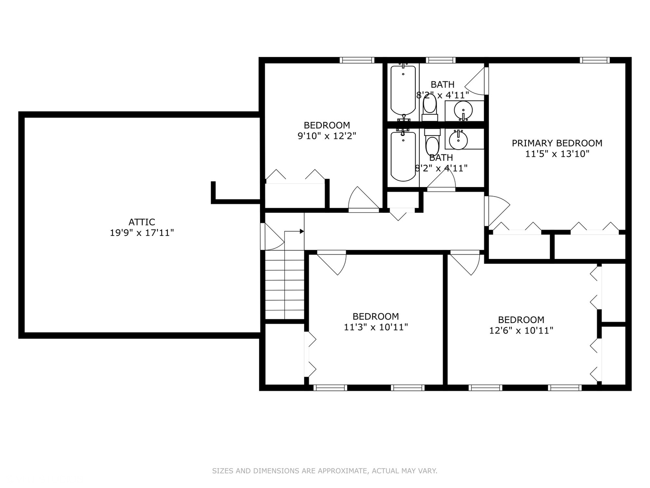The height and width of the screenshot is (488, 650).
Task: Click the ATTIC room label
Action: coord(142,222)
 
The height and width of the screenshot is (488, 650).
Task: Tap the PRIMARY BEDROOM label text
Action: coord(557,143)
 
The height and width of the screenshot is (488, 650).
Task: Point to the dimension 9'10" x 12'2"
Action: coord(327,136)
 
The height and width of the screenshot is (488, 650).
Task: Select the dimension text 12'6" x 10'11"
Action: coord(521,330)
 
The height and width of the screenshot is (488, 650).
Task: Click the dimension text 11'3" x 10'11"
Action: coord(376,327)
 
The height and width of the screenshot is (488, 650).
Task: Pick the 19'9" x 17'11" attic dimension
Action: coord(142,233)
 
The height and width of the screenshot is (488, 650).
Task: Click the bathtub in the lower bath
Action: coord(403,155)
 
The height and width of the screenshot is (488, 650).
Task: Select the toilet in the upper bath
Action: coord(430,108)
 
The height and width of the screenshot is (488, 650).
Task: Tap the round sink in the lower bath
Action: coord(459,140)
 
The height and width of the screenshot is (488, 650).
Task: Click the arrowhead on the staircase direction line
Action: coord(302,231)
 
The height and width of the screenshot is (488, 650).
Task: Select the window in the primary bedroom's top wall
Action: coord(594,60)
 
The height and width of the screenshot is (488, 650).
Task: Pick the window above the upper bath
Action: coord(441,60)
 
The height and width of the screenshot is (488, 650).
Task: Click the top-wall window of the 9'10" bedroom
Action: coord(357,60)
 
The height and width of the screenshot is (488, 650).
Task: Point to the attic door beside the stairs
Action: coord(273,237)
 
